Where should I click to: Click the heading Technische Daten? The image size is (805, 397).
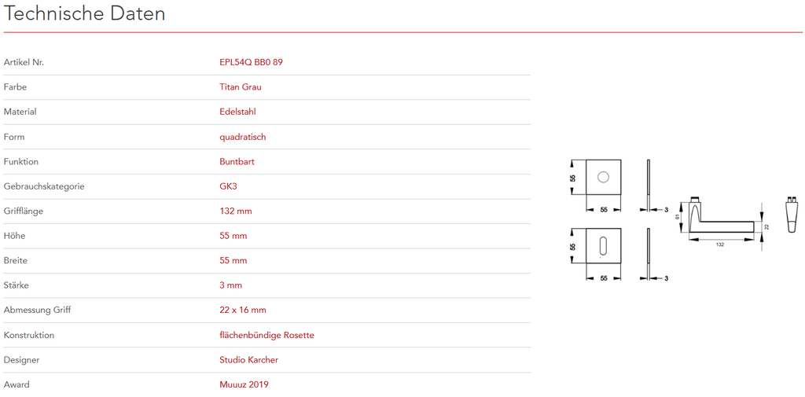coord(85,14)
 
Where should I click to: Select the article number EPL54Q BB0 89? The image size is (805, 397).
coord(251,62)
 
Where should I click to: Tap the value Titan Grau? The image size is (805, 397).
coord(241,87)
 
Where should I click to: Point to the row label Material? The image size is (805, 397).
coord(20,112)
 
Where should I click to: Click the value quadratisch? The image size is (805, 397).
coord(243,137)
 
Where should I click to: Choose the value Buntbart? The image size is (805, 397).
coord(237,162)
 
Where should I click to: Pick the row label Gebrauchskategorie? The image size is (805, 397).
coord(44,186)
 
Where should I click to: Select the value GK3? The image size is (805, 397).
coord(228,186)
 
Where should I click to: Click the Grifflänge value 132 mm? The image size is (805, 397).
coord(236,211)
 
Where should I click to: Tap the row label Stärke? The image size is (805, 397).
coord(17,285)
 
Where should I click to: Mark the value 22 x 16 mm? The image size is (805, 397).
coord(243,311)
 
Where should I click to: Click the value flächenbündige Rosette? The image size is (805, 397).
coord(266,336)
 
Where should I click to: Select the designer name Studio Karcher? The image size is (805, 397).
coord(248,360)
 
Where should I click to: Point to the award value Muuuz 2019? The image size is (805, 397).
coord(244,385)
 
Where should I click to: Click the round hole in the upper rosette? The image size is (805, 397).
coord(603,178)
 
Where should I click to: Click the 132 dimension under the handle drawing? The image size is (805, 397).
coord(720,244)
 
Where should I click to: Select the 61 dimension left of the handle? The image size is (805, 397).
coord(678,218)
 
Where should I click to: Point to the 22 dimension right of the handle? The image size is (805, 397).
coord(766,226)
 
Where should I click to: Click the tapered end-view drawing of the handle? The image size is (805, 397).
coord(792,214)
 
